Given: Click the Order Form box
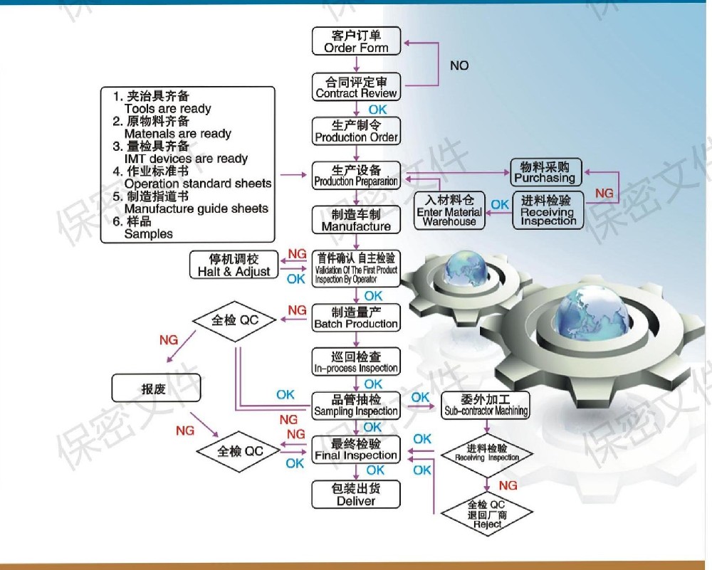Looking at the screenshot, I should click(356, 41).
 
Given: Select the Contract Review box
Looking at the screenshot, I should click(356, 87).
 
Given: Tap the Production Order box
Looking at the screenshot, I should click(356, 131).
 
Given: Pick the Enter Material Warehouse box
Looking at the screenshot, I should click(449, 211).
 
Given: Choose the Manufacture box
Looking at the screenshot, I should click(356, 220).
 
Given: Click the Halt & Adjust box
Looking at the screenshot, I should click(234, 265).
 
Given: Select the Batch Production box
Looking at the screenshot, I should click(356, 318).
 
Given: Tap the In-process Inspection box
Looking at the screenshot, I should click(356, 362).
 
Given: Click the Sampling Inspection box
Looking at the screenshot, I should click(356, 406).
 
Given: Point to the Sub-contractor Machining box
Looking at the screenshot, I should click(486, 404).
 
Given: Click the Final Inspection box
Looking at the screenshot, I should click(356, 450).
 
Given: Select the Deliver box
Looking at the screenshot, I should click(356, 495).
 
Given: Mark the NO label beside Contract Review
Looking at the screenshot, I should click(459, 65).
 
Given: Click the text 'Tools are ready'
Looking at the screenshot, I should click(167, 109).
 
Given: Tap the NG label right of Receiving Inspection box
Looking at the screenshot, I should click(604, 194).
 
